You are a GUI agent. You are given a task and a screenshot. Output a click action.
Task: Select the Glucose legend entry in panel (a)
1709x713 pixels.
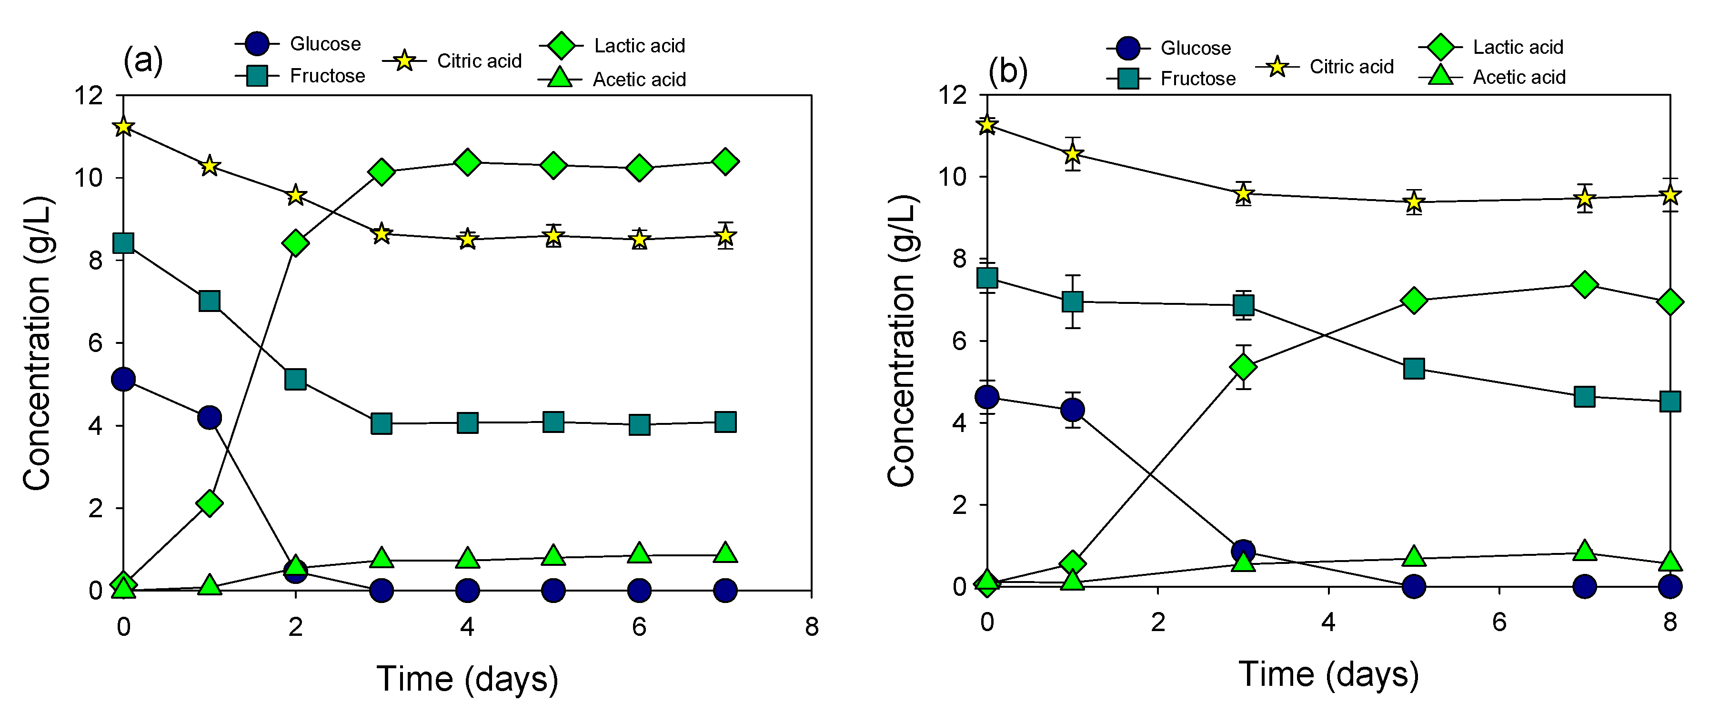298,44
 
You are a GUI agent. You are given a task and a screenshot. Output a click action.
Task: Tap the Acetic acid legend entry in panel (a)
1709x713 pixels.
612,79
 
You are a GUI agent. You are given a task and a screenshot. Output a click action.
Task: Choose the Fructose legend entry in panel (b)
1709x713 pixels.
1172,78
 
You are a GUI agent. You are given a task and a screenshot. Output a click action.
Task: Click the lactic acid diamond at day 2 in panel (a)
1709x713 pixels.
295,243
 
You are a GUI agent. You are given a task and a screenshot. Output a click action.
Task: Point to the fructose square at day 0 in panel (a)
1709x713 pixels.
123,243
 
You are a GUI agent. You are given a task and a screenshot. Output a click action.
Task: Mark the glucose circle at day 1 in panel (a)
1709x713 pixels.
210,417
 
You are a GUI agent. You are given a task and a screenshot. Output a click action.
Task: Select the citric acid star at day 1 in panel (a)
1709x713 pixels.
210,166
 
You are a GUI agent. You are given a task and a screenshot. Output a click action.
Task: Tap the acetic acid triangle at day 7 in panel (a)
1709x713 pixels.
725,552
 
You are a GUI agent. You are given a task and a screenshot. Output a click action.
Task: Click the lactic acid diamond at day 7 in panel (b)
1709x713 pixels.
1584,284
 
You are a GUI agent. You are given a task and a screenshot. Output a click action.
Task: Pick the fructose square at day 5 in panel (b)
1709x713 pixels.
1414,368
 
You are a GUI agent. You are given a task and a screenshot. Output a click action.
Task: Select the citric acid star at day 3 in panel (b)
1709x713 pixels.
1243,194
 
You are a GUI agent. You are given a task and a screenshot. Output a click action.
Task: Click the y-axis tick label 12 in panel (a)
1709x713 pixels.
89,96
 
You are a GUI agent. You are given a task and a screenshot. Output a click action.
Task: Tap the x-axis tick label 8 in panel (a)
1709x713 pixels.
811,626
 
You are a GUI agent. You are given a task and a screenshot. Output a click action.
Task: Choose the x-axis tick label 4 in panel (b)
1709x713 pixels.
1328,622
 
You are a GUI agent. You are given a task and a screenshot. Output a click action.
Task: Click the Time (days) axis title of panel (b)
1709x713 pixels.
1328,674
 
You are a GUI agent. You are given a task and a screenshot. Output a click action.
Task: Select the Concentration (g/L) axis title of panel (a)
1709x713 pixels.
37,343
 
